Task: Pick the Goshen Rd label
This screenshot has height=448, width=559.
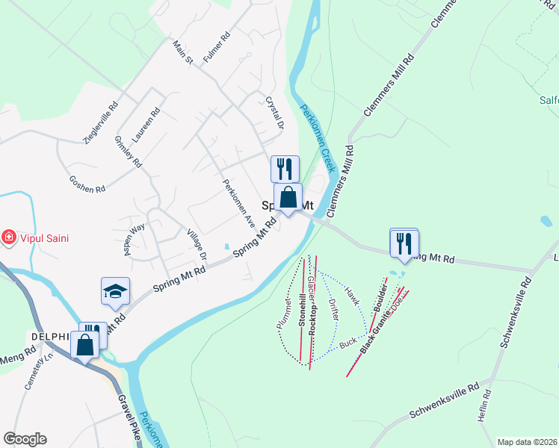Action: click(x=86, y=184)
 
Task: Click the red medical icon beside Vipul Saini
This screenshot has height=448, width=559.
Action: click(x=9, y=237)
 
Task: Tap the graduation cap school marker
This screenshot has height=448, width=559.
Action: click(x=116, y=291)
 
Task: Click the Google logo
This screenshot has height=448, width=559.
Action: click(x=25, y=439)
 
